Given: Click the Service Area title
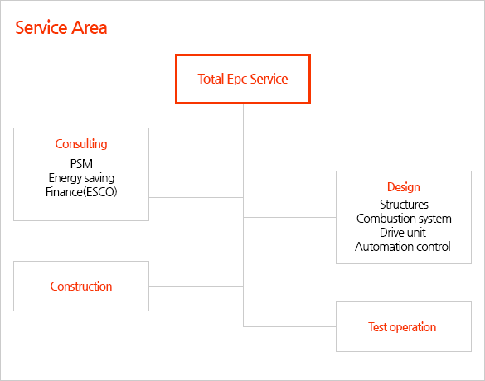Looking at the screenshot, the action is click(61, 27).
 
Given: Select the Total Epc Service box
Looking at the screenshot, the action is click(243, 80).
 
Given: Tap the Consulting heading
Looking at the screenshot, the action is click(81, 144).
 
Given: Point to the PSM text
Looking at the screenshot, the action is click(81, 164).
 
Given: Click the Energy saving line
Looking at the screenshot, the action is click(81, 178).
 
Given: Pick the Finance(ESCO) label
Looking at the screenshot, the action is click(81, 192).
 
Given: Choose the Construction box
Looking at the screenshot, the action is click(81, 286).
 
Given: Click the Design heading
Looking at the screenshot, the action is click(404, 187).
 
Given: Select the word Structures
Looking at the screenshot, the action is click(404, 205).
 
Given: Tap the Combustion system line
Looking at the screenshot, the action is click(404, 219).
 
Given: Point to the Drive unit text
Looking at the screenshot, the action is click(403, 233).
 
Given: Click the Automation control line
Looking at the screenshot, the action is click(403, 247).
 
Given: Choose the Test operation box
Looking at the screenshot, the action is click(404, 326).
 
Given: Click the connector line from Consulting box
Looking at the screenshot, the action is click(196, 197).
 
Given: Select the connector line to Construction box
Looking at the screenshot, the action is click(196, 286).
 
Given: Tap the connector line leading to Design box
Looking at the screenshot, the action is click(289, 217).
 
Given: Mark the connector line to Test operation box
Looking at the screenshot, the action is click(289, 326).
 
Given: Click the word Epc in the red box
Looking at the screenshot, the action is click(236, 80).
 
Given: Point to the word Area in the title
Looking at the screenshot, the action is click(90, 27).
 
